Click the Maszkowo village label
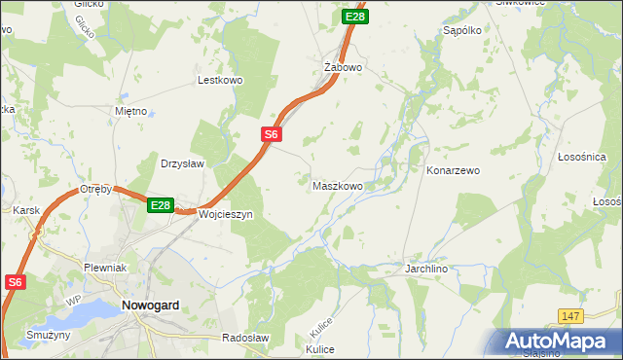pyautogui.click(x=338, y=185)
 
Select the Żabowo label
pyautogui.click(x=343, y=67)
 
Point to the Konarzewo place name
pyautogui.click(x=454, y=170)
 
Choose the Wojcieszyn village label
pyautogui.click(x=226, y=214)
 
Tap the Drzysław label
pyautogui.click(x=182, y=163)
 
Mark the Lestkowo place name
pyautogui.click(x=219, y=81)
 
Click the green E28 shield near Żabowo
pyautogui.click(x=355, y=17)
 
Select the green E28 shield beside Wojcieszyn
pyautogui.click(x=161, y=205)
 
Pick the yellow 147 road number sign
pyautogui.click(x=571, y=316)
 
